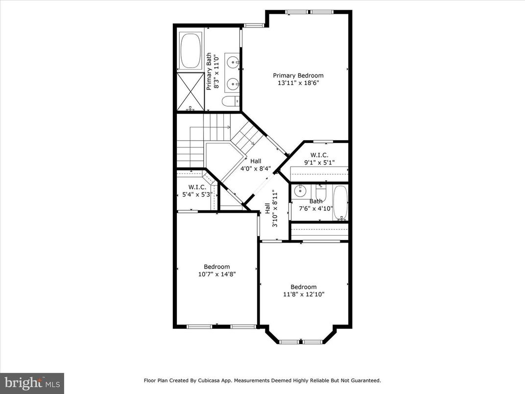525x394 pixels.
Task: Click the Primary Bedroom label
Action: [298, 75]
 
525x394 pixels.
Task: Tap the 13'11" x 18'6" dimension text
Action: [298, 83]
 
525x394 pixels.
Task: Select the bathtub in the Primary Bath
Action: [191, 51]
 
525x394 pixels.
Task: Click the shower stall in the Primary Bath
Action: [190, 91]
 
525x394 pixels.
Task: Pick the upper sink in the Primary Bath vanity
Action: [234, 62]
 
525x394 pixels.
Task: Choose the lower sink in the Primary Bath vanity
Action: [234, 82]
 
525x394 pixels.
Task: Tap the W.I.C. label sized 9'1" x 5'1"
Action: [319, 155]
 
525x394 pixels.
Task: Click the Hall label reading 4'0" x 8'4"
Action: [256, 161]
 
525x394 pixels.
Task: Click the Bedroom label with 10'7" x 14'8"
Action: [216, 267]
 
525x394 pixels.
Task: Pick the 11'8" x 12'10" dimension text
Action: [304, 295]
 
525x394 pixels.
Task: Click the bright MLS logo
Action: [32, 383]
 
